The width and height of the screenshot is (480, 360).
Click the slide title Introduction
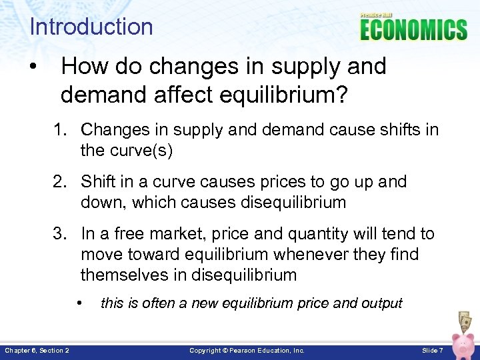click(x=91, y=27)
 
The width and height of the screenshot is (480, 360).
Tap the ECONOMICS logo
click(x=413, y=29)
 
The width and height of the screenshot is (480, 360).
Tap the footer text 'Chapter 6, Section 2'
click(x=37, y=350)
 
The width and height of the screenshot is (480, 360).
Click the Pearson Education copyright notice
click(x=247, y=350)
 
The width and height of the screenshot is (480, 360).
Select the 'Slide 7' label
click(x=430, y=350)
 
